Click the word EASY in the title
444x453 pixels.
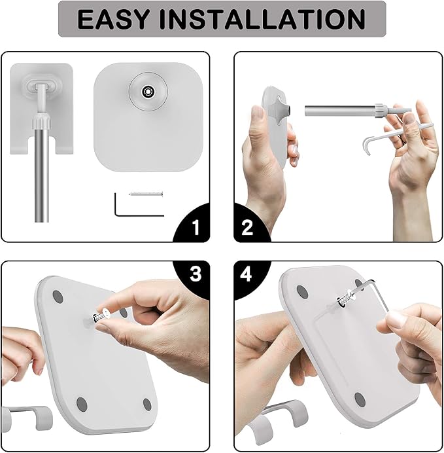pos(113,19)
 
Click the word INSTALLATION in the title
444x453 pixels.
pos(262,19)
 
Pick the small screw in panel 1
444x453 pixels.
pos(146,194)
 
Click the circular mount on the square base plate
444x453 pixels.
pos(148,91)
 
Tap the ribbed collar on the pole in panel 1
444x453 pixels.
pos(42,122)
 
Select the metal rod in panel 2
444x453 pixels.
pos(341,111)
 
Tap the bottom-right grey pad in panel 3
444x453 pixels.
pos(147,405)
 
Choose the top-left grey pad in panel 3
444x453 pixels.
pos(58,297)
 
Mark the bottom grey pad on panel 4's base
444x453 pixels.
pos(360,400)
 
